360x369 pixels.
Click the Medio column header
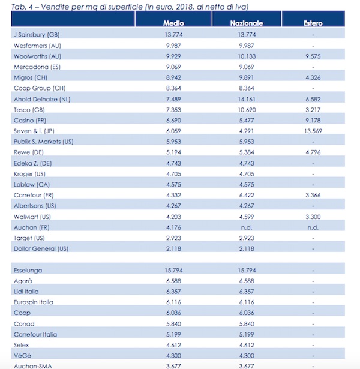click(173, 23)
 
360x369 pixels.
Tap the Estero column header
click(313, 23)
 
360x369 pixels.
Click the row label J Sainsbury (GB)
click(35, 34)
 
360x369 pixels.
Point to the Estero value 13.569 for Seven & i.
click(313, 130)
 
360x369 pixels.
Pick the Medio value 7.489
click(173, 99)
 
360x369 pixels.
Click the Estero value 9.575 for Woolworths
click(313, 56)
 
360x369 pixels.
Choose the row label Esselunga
click(28, 271)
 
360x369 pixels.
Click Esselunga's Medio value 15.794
click(173, 271)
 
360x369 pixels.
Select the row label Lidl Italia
click(28, 292)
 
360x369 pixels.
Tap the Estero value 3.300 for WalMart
click(313, 216)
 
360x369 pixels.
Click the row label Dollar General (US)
click(38, 248)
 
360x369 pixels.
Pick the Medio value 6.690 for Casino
click(173, 120)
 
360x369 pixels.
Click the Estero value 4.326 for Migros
click(313, 77)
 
